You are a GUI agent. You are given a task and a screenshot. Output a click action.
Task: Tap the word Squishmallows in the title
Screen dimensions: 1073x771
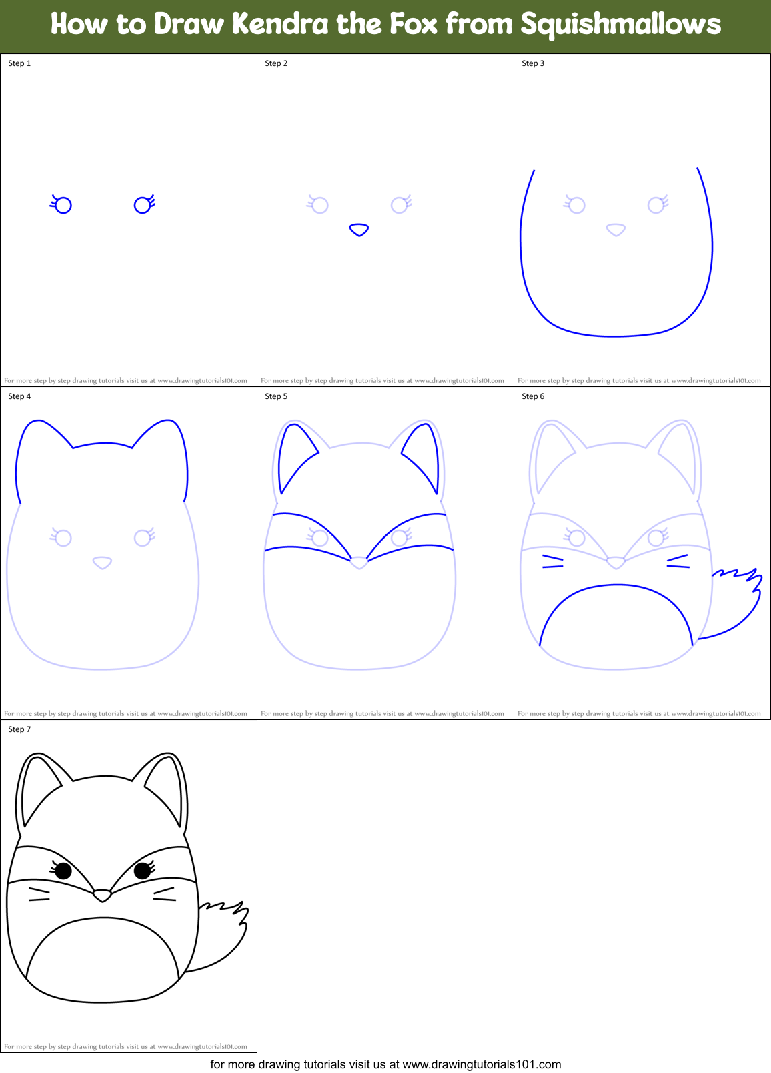click(620, 25)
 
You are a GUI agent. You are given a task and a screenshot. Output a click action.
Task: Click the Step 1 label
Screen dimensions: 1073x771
click(19, 63)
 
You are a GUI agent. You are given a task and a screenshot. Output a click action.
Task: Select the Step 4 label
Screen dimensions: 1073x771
click(19, 396)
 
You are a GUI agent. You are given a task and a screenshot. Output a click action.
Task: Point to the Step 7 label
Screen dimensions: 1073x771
click(19, 729)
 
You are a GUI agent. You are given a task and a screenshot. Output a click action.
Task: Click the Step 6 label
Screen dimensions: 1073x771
click(533, 396)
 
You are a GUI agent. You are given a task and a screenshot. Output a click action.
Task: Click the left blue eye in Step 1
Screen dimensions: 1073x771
click(63, 205)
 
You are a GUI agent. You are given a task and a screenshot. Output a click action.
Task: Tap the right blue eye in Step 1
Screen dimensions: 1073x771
click(143, 205)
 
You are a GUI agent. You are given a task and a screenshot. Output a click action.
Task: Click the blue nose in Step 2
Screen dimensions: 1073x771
click(359, 230)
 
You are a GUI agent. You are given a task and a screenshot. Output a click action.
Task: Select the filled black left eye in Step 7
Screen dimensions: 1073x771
click(63, 871)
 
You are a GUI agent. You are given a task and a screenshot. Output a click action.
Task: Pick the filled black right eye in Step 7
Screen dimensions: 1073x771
click(142, 871)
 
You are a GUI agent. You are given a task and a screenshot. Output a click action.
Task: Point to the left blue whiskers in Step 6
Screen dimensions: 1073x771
click(553, 562)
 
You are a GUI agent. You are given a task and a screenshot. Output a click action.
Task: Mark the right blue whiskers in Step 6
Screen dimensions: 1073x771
click(678, 562)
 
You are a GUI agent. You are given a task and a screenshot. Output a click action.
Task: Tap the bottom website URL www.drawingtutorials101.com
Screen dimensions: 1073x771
click(482, 1064)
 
